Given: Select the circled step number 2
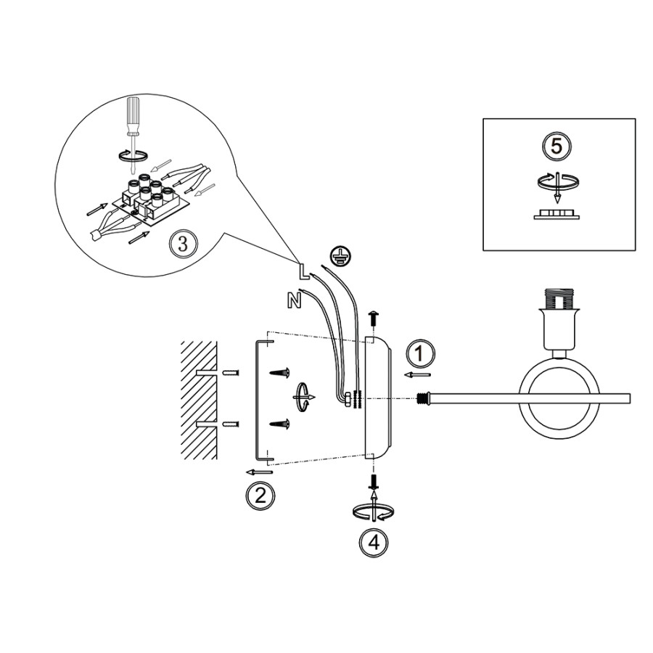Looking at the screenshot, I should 260,496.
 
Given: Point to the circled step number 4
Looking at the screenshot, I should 372,542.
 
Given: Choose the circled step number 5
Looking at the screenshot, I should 557,146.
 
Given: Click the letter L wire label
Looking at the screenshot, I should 304,272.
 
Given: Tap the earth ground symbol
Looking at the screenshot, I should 337,255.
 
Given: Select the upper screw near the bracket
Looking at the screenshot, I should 279,373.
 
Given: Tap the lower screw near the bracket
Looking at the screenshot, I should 279,424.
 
